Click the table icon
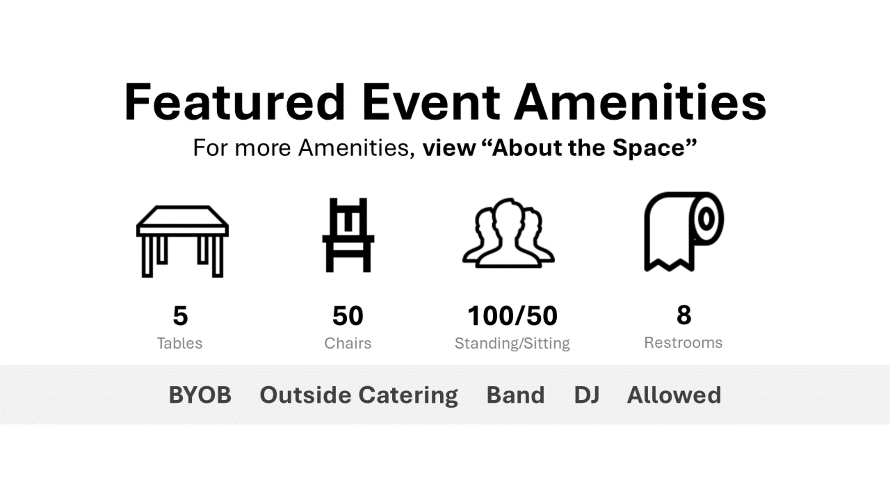click(182, 241)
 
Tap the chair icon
click(348, 235)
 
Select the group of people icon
click(508, 233)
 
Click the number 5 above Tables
click(180, 316)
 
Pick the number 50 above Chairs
click(348, 316)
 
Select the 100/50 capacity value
click(512, 316)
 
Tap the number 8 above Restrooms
click(684, 315)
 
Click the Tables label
click(180, 343)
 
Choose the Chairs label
click(348, 343)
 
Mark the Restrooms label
click(683, 343)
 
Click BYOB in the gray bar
click(200, 395)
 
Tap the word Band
click(515, 395)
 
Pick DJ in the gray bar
click(586, 395)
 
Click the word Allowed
click(674, 395)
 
